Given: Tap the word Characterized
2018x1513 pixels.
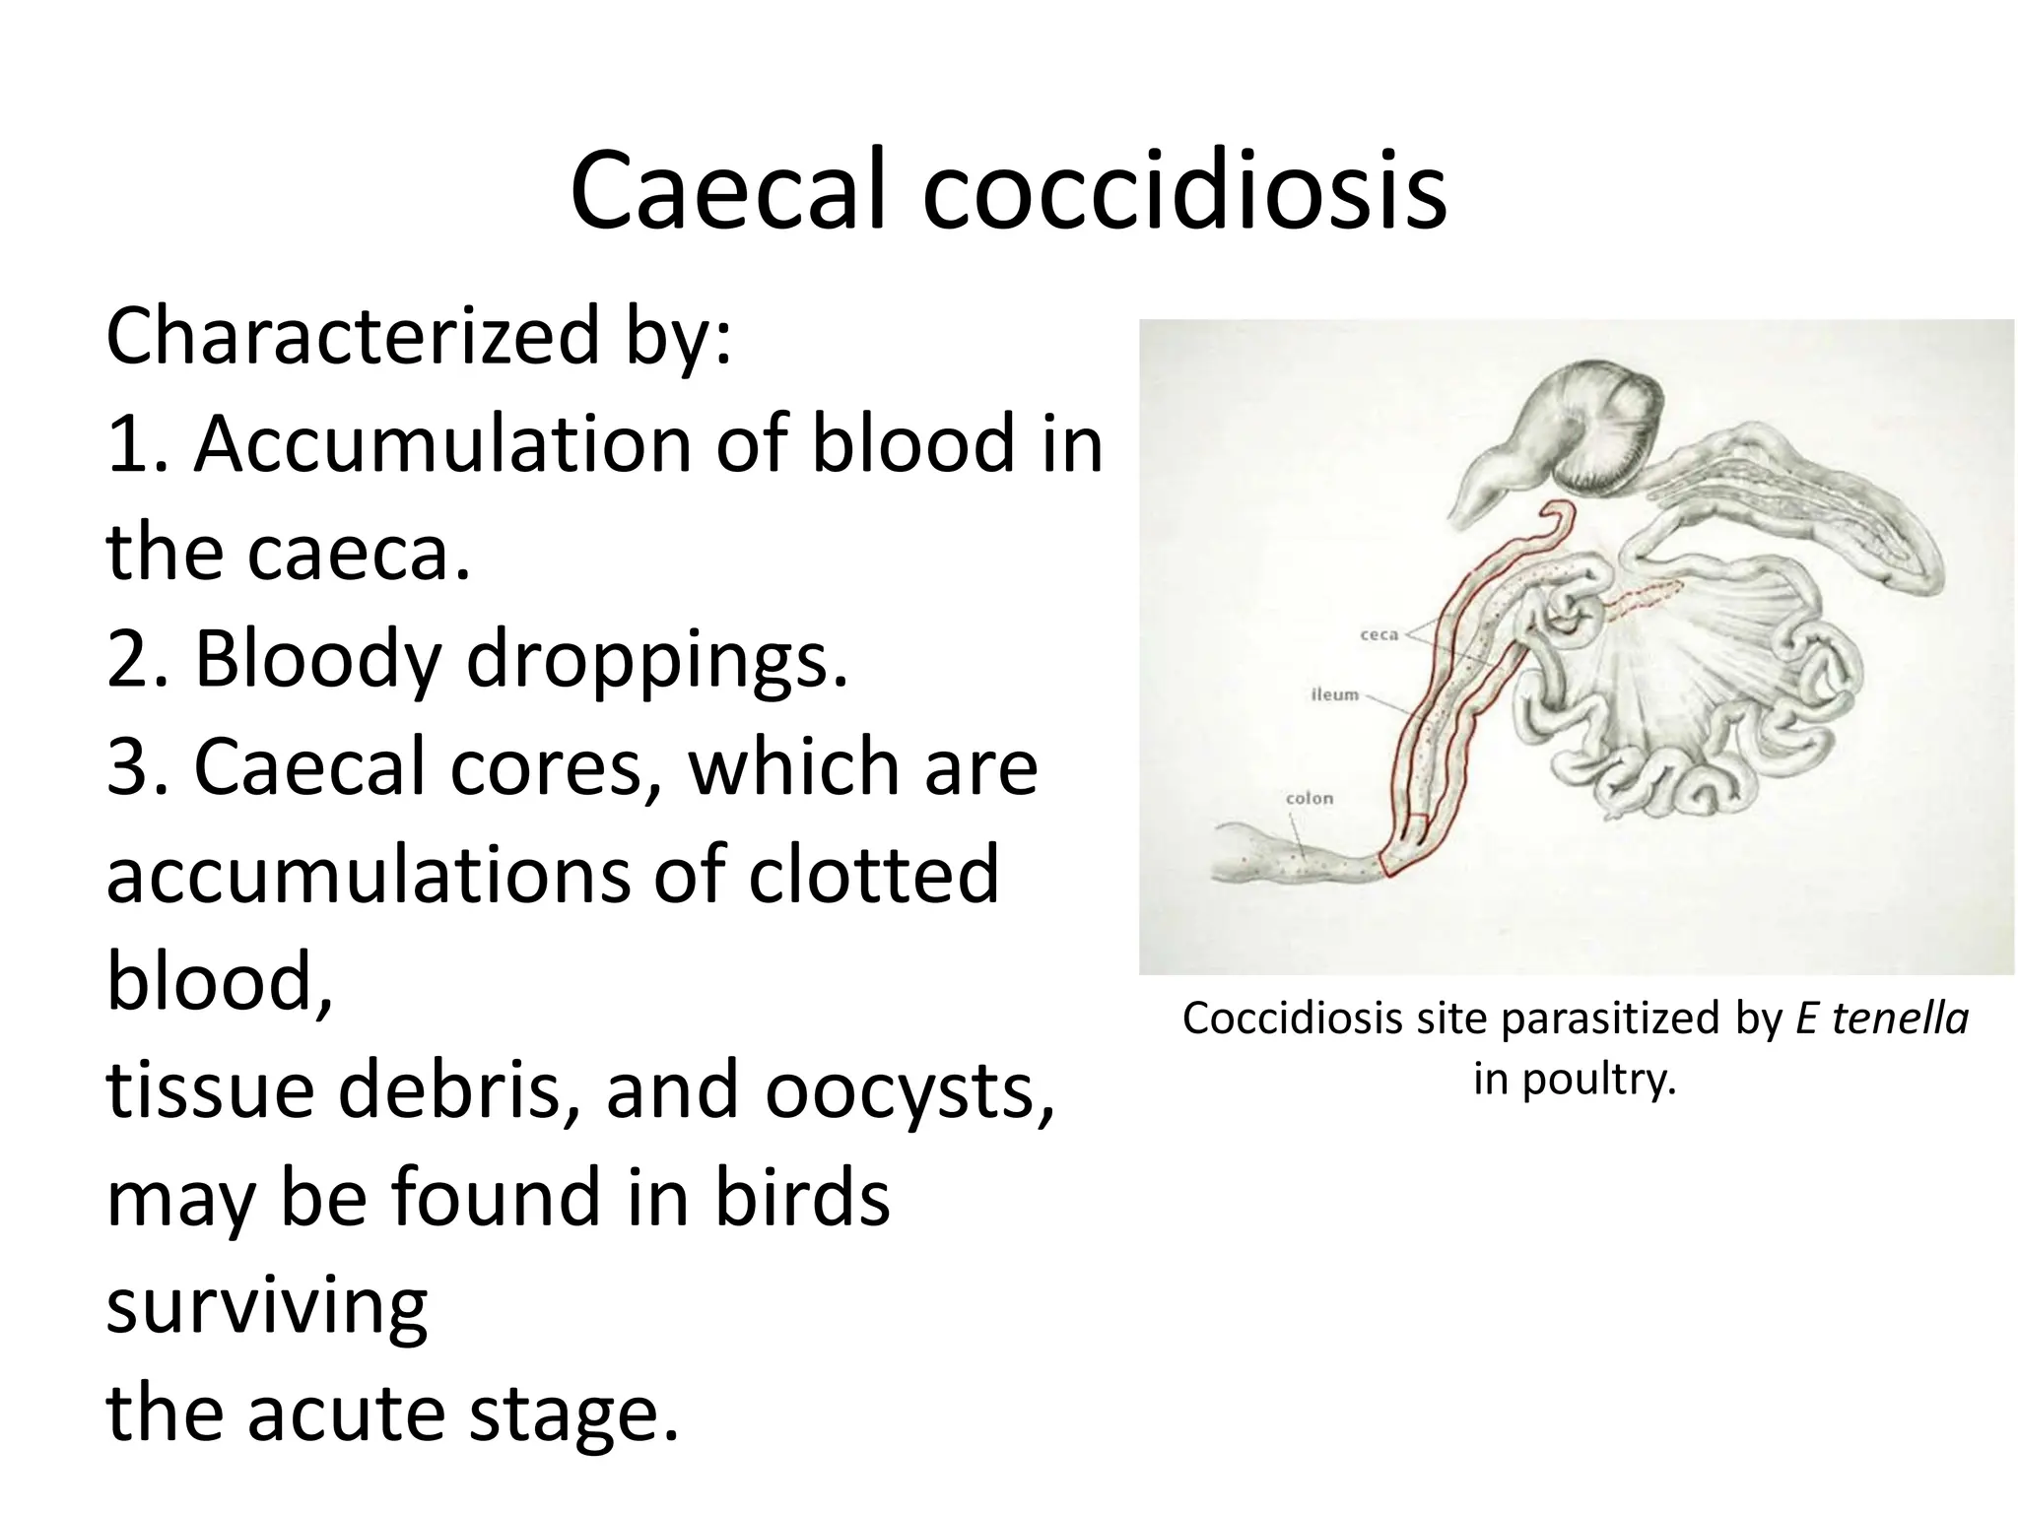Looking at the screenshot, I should (x=351, y=337).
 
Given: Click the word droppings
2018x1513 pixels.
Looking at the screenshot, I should (x=656, y=661).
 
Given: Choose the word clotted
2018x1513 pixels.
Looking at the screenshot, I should (x=873, y=875).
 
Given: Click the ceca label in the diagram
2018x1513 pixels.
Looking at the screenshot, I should (x=1379, y=635).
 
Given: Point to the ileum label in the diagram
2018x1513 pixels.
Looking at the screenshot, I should (x=1334, y=695).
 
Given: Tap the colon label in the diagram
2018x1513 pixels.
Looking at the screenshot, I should (x=1309, y=799).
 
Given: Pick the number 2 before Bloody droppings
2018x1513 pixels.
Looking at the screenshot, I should (x=127, y=661).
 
